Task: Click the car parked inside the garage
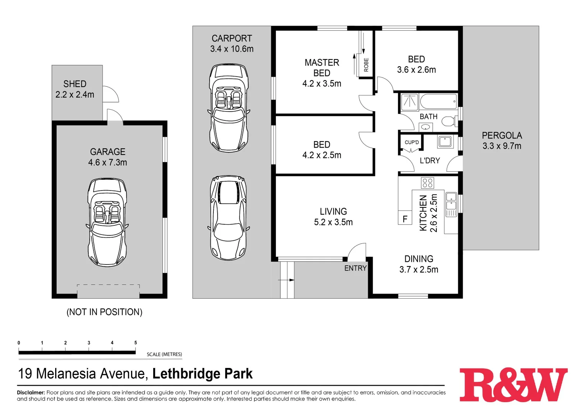[x=107, y=222]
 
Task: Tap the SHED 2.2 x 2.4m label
[x=75, y=89]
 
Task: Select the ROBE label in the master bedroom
[x=366, y=64]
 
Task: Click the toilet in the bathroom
[x=448, y=122]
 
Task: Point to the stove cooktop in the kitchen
[x=427, y=183]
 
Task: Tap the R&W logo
[x=513, y=385]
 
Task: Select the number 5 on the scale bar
[x=135, y=343]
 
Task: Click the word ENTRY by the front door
[x=355, y=268]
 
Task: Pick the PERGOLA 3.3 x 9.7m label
[x=501, y=141]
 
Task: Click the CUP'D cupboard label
[x=412, y=142]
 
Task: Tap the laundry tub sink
[x=445, y=141]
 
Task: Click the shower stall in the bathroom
[x=410, y=102]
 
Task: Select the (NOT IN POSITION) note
[x=104, y=312]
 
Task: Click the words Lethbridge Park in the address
[x=202, y=374]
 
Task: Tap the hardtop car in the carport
[x=228, y=218]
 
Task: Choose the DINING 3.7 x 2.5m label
[x=418, y=264]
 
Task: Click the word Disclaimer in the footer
[x=31, y=393]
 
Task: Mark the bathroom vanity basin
[x=426, y=127]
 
